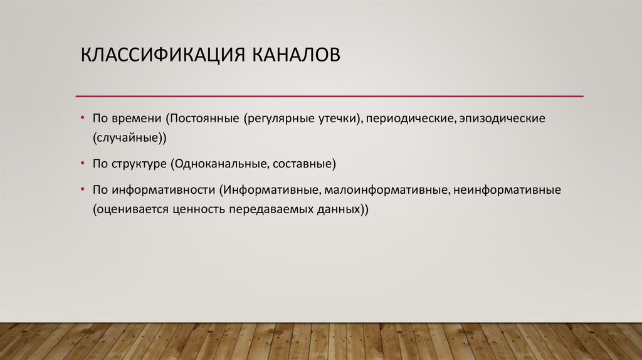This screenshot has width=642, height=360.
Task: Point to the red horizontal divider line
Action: [329, 96]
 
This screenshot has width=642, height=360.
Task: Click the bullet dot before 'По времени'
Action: [83, 118]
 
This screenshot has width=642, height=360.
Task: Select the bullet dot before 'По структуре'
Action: [83, 164]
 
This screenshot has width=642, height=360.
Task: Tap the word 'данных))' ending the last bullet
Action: [344, 209]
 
